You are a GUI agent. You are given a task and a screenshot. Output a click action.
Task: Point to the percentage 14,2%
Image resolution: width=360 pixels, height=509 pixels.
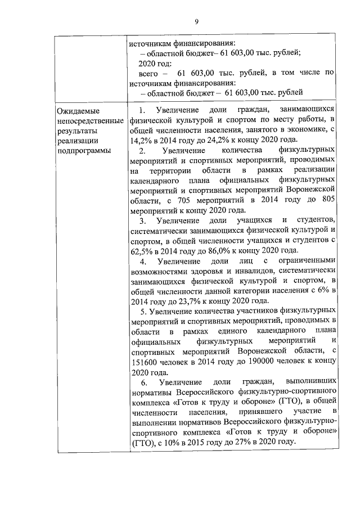click(x=141, y=140)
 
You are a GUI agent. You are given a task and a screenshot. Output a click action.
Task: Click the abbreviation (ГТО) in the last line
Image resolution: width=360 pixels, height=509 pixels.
click(x=142, y=443)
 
